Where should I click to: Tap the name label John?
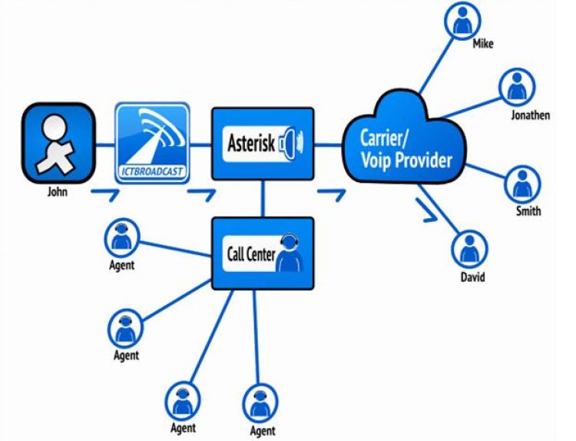pos(58,192)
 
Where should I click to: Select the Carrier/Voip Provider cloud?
pos(406,146)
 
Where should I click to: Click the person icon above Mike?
pos(462,24)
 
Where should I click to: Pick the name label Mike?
pos(483,45)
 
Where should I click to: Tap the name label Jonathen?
pos(530,116)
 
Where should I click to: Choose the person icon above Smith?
pos(523,183)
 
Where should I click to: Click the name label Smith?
pos(528,211)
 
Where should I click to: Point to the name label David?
pos(472,277)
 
